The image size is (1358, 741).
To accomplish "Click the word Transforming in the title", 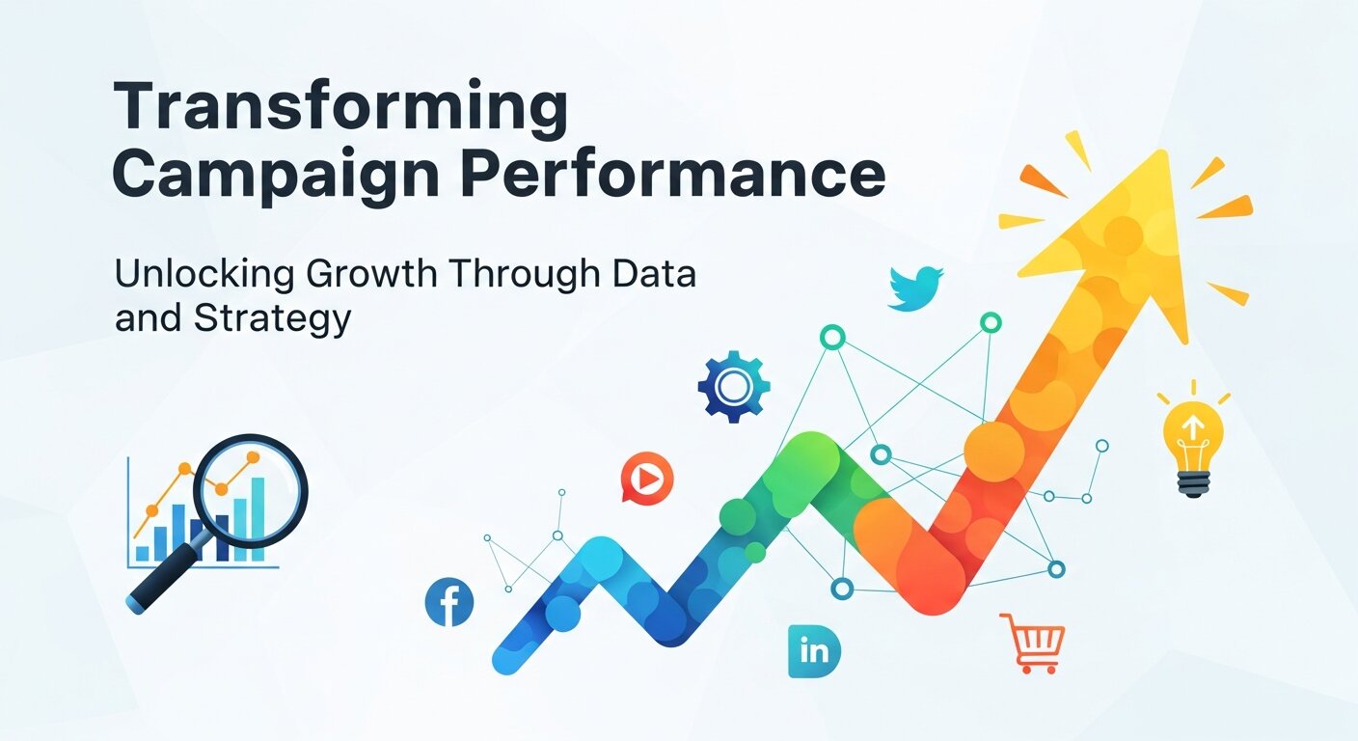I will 340,109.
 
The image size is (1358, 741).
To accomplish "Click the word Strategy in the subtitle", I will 273,319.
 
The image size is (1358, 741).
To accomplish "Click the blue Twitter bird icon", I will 914,288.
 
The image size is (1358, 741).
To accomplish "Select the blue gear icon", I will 734,386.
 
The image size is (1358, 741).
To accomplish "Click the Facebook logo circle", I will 449,603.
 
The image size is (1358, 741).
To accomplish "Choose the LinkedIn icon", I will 813,650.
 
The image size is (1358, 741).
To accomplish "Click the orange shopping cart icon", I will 1033,642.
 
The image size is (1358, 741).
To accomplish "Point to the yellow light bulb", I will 1193,439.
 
